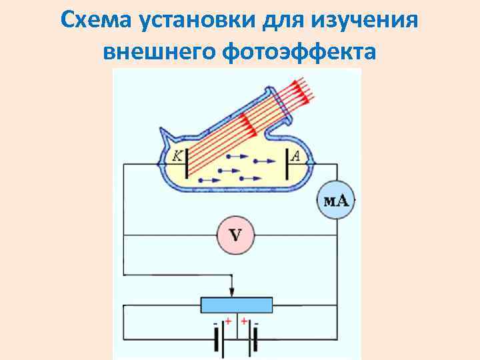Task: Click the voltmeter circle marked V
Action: [235, 235]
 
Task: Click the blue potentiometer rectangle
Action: [237, 305]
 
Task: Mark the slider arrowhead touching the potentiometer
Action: [231, 294]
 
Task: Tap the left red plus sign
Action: [227, 321]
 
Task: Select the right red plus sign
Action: [244, 321]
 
